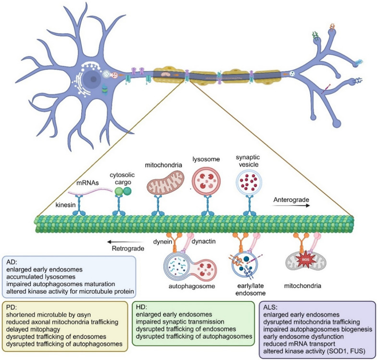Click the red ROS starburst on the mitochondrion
[x=305, y=260]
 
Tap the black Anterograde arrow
[x=291, y=206]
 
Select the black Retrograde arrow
[x=125, y=242]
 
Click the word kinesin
[x=65, y=205]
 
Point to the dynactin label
[x=203, y=241]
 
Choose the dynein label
[x=163, y=242]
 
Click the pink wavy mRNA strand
[x=90, y=192]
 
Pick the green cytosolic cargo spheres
[x=123, y=192]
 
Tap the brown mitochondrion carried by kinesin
[x=165, y=183]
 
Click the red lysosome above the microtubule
[x=206, y=180]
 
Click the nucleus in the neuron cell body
[x=91, y=79]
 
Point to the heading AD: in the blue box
[x=12, y=262]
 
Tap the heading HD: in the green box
[x=141, y=307]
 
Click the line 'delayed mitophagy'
[x=33, y=329]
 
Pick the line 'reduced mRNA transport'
[x=299, y=344]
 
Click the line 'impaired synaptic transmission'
[x=180, y=321]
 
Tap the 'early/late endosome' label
[x=251, y=289]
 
